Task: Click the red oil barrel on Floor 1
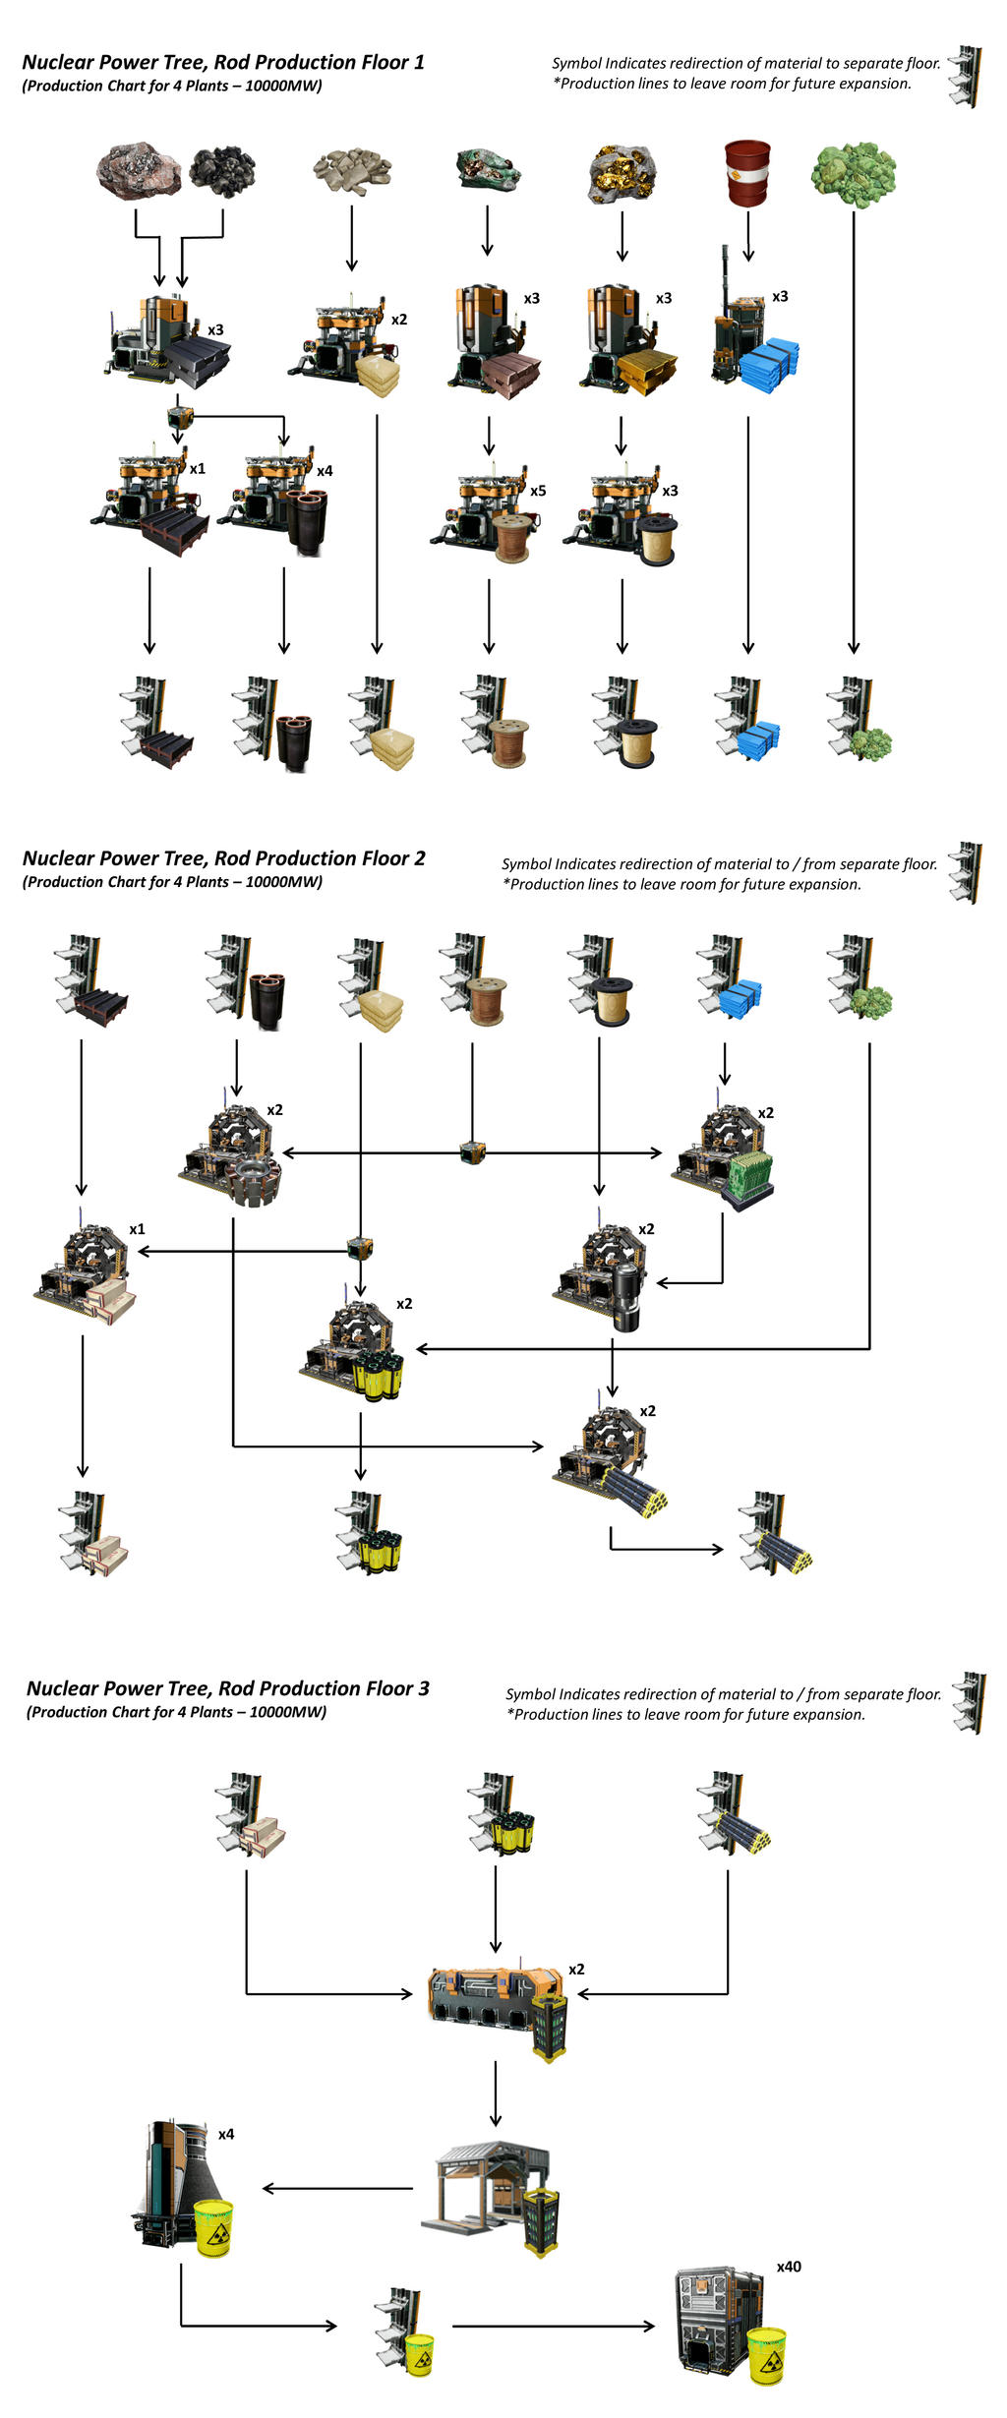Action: [747, 173]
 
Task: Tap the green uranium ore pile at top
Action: [853, 175]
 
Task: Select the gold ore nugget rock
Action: [622, 174]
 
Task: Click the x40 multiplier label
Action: [789, 2266]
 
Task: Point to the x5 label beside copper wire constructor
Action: [538, 491]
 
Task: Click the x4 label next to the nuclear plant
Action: [226, 2134]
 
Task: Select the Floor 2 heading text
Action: [223, 857]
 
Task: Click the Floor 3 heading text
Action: [227, 1687]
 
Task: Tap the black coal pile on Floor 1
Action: [222, 171]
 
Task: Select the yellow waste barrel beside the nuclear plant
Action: [213, 2228]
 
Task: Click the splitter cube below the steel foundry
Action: [179, 415]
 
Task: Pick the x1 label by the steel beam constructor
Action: [198, 469]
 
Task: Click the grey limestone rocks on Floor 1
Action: [352, 171]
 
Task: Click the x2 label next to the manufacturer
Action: [576, 1970]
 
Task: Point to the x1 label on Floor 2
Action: [137, 1229]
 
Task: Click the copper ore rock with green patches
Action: [488, 169]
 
